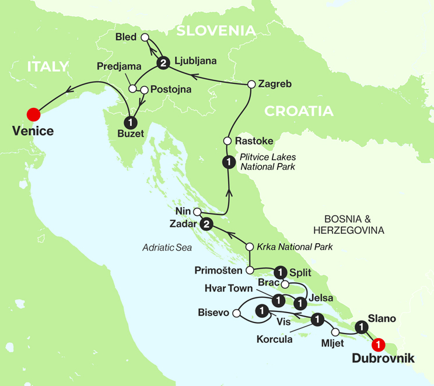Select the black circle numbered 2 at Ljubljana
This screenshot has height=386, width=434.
click(x=163, y=64)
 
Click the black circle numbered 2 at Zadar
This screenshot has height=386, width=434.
click(x=205, y=224)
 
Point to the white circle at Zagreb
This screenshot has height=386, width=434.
click(x=251, y=84)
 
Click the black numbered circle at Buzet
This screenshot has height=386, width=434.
click(x=131, y=123)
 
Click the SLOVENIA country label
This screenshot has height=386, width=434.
click(x=216, y=30)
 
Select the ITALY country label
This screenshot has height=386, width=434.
click(x=48, y=66)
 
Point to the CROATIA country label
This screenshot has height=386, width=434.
click(x=298, y=111)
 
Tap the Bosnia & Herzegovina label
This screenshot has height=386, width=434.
click(x=349, y=225)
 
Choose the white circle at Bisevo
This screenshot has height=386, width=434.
click(x=237, y=314)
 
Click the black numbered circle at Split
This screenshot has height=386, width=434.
click(x=281, y=272)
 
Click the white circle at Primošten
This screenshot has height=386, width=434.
click(x=250, y=271)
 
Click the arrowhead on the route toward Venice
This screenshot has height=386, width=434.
click(x=69, y=90)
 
